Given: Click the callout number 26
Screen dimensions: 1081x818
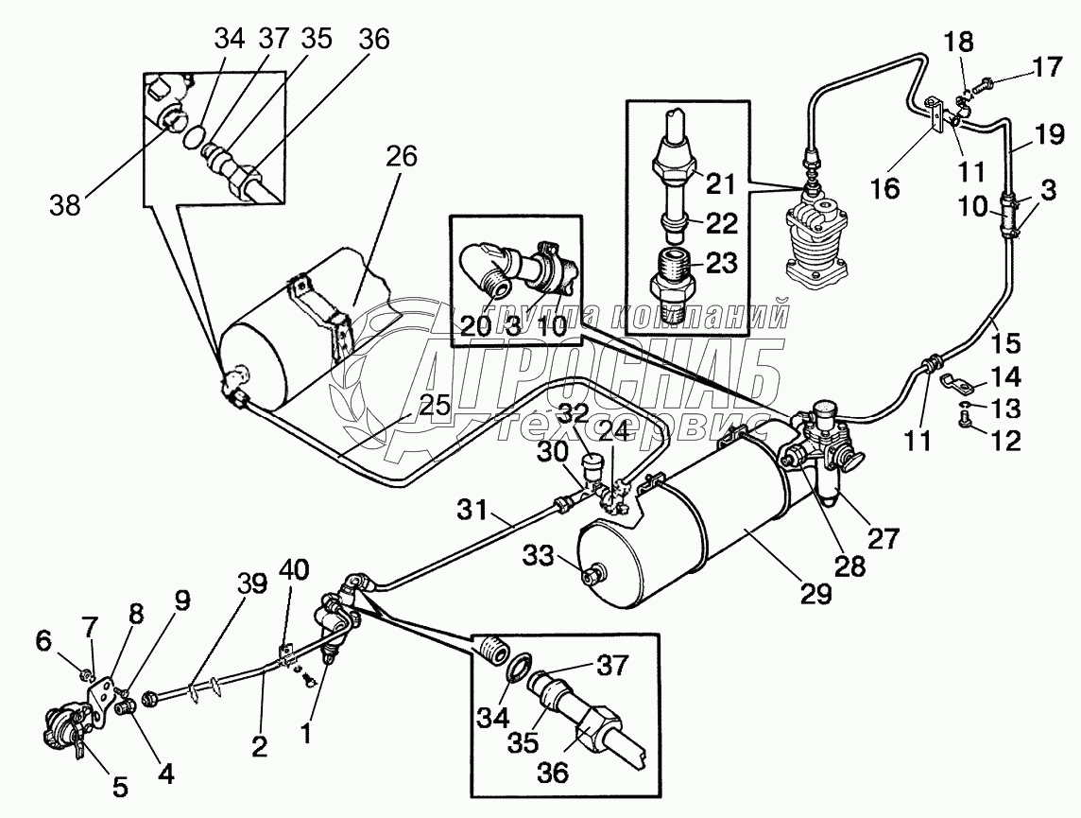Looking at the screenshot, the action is coord(402,157).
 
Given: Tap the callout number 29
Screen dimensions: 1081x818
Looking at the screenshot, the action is coord(815,593).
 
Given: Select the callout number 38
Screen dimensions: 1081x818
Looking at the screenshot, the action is coord(65,204).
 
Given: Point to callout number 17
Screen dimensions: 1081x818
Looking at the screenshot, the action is coord(1047,68).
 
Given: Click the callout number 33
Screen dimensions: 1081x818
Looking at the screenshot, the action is coord(538,555).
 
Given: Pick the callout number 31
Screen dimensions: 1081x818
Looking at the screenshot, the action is coord(472,511).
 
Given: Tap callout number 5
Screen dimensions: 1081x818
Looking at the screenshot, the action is coord(120,787).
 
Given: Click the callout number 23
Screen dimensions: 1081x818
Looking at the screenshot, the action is coord(721,263).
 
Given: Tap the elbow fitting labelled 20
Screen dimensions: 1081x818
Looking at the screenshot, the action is coord(488,263).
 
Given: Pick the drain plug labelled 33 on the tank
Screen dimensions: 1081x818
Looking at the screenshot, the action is coord(593,572).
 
